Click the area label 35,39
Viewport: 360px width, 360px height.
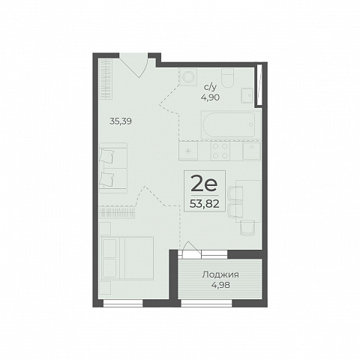121,121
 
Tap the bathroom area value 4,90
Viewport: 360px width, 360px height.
210,97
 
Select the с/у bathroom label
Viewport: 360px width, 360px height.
210,87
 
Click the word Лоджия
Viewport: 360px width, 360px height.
220,274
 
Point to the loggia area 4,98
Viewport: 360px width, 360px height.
220,285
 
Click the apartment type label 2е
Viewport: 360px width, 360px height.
204,184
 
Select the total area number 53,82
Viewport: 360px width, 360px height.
205,204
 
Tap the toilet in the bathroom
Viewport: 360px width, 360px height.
227,77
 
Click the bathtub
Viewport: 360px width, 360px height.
228,124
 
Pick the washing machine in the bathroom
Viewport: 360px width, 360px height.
188,77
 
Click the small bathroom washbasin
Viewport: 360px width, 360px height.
247,95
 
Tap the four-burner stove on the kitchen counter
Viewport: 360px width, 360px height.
220,151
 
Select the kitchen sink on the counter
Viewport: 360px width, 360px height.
252,151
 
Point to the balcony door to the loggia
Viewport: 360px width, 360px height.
191,250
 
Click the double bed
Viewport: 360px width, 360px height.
127,258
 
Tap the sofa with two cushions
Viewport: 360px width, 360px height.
113,168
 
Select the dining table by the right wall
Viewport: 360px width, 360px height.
248,201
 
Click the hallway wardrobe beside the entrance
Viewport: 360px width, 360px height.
106,79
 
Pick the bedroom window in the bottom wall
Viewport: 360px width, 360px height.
123,303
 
